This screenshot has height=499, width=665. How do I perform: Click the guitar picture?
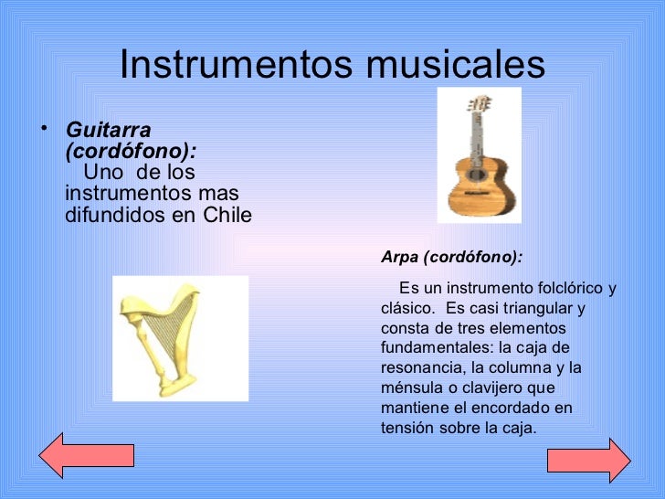[x=479, y=154]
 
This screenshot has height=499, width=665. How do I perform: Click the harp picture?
[x=180, y=336]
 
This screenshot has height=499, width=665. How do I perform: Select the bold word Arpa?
[x=400, y=258]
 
